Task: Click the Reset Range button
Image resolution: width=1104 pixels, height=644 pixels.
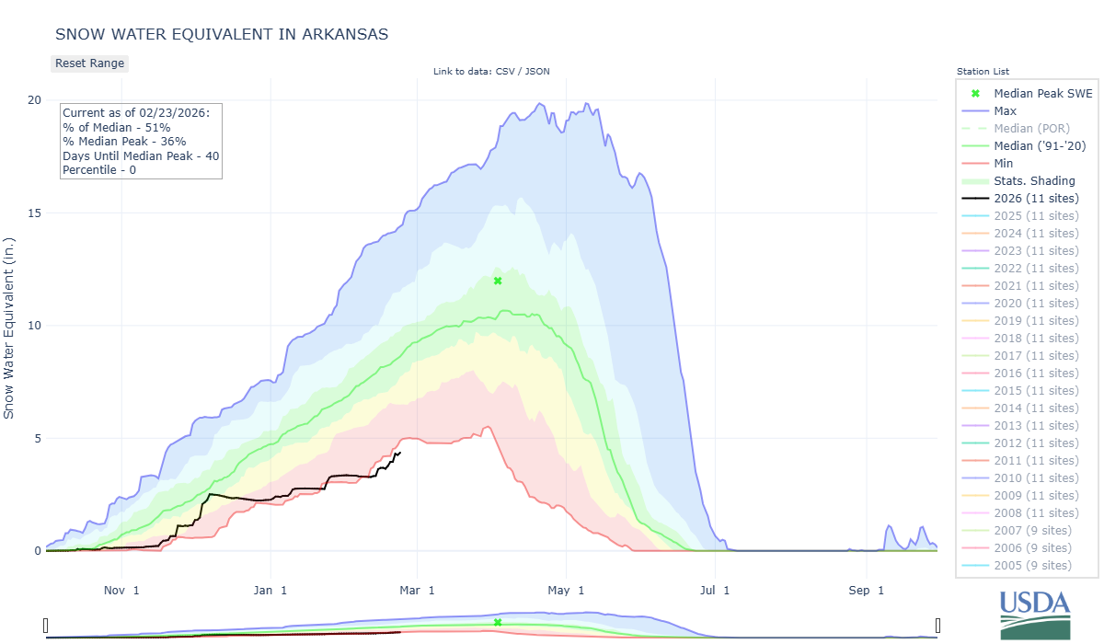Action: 89,63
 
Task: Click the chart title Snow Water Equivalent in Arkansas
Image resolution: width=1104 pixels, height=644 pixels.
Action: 222,34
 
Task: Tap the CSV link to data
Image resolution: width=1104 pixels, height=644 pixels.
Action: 506,72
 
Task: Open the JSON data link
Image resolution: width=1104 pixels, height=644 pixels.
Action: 536,72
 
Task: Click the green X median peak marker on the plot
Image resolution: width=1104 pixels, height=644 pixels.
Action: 498,281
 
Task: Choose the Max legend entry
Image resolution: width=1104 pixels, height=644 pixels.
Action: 1006,111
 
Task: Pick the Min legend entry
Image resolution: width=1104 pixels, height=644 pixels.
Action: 1005,164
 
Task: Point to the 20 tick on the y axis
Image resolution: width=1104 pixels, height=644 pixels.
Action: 34,100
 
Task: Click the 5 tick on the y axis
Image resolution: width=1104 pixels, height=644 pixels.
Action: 38,439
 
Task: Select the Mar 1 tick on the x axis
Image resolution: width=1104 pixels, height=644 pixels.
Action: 418,591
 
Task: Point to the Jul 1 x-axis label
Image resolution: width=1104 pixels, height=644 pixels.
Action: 714,591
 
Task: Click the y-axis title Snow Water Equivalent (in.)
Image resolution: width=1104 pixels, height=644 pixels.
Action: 10,326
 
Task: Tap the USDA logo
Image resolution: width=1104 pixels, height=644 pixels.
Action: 1035,614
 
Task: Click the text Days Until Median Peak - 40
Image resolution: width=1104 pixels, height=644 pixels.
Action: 141,156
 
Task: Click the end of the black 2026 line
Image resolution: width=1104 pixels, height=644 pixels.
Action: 399,452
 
